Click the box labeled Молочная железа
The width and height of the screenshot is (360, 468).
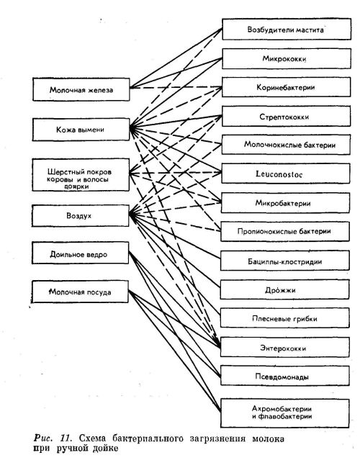click(81, 89)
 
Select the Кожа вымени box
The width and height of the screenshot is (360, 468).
click(81, 129)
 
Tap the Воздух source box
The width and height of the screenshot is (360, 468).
click(81, 215)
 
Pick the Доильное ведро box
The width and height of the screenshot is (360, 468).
click(81, 253)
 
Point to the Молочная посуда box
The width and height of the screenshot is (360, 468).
click(80, 292)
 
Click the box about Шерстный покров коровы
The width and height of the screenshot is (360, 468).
click(81, 175)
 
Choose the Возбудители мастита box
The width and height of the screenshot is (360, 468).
click(287, 29)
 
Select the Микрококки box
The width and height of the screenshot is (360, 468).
click(287, 58)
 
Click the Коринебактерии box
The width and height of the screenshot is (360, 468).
click(286, 87)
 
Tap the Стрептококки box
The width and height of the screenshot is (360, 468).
click(286, 116)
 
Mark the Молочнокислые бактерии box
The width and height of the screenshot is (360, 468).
click(286, 145)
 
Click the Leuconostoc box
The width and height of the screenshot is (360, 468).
click(285, 174)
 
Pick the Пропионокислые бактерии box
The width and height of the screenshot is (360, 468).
click(285, 231)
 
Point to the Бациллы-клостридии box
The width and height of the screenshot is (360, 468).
click(285, 261)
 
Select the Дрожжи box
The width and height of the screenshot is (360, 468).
click(285, 289)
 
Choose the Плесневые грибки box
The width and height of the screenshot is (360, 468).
click(285, 318)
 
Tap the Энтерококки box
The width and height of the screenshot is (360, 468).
click(285, 347)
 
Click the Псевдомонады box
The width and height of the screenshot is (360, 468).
click(285, 376)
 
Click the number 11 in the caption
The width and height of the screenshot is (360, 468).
click(66, 438)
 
